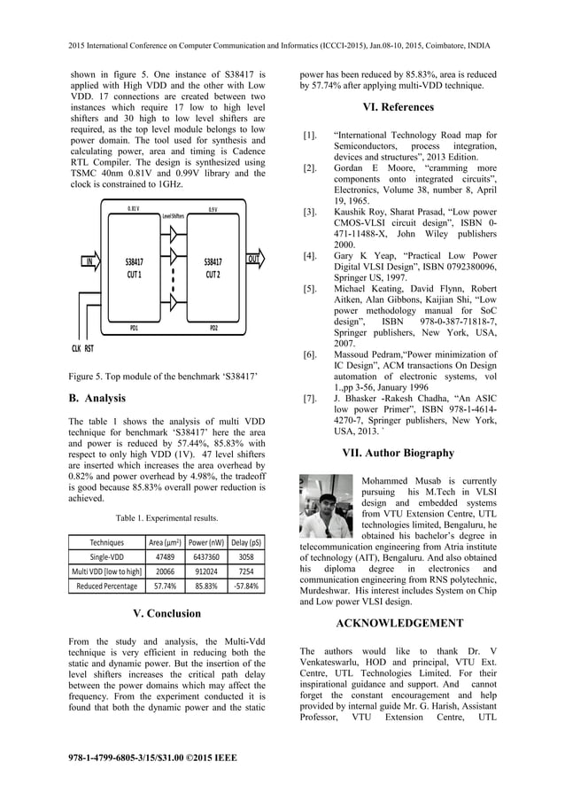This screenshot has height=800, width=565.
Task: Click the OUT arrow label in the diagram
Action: pos(253,260)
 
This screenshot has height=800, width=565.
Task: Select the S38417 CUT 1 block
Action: pos(135,268)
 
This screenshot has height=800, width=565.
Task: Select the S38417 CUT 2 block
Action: pos(213,268)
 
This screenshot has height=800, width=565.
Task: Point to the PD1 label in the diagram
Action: pos(134,328)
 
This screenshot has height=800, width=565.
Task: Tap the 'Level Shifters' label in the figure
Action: pos(173,215)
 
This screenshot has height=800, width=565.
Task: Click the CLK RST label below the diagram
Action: pos(82,349)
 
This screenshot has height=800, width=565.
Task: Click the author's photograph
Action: pos(327,507)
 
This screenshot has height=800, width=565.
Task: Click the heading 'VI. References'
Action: pos(399,107)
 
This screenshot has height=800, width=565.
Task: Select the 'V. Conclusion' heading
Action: pos(167,613)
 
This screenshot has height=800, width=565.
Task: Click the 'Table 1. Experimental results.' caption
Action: pos(167,517)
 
